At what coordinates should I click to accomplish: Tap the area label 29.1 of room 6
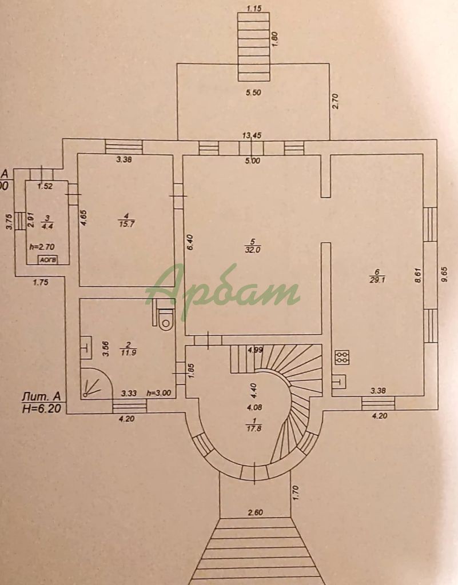pyautogui.click(x=376, y=281)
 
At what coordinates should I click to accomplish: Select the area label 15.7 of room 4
pyautogui.click(x=125, y=223)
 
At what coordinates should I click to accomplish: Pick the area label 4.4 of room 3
pyautogui.click(x=47, y=225)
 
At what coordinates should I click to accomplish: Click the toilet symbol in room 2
pyautogui.click(x=165, y=319)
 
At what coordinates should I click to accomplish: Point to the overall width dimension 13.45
pyautogui.click(x=252, y=135)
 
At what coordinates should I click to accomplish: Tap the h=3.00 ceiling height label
pyautogui.click(x=160, y=392)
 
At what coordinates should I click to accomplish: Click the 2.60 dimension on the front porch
pyautogui.click(x=255, y=512)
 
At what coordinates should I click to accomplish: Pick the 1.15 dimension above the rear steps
pyautogui.click(x=253, y=8)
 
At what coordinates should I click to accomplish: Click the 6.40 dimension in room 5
pyautogui.click(x=191, y=242)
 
